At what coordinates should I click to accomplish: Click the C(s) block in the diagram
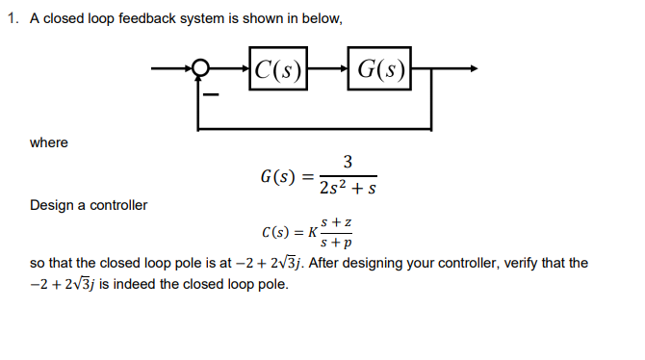click(276, 68)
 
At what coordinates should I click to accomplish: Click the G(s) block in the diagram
click(379, 68)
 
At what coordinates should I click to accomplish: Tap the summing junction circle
click(200, 68)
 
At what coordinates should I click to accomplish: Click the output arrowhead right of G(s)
click(471, 68)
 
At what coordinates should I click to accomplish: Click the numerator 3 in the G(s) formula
click(348, 161)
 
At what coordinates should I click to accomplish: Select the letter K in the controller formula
click(311, 233)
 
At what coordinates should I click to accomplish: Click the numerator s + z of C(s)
click(336, 222)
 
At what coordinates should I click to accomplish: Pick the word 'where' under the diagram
click(49, 142)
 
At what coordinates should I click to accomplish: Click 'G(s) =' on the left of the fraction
click(286, 177)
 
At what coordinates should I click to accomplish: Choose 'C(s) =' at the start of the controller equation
click(279, 233)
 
